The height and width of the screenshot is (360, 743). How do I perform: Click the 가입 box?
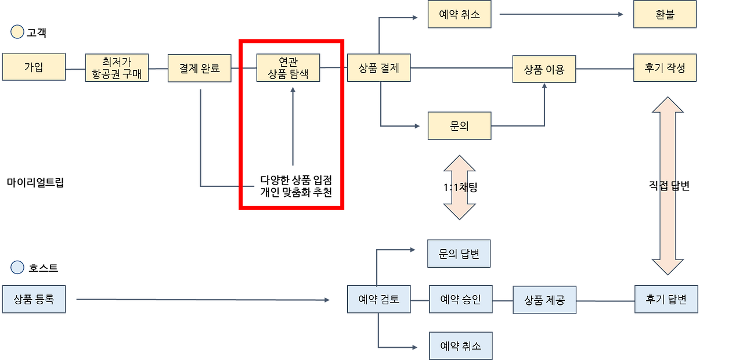coord(33,67)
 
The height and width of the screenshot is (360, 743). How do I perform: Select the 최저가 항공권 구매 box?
coord(117,68)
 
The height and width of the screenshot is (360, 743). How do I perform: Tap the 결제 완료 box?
coord(200,68)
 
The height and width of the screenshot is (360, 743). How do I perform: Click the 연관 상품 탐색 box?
coord(288,68)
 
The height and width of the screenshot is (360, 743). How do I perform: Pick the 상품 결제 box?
coord(379,68)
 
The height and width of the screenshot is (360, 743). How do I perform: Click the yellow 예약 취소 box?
coord(459,15)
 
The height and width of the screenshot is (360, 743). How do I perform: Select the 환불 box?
coord(665,15)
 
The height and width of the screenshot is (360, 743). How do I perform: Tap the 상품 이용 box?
coord(544,69)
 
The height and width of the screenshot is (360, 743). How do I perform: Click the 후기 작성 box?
coord(665,67)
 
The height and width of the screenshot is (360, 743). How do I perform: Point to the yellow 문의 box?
coord(459,125)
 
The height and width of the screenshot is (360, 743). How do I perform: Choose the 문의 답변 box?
coord(459,254)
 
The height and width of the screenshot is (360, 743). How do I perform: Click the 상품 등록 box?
coord(34,300)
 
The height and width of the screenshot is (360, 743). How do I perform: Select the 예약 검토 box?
coord(379,300)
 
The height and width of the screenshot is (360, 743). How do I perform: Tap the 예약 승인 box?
coord(460,300)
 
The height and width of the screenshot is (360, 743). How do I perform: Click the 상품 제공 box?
coord(544,300)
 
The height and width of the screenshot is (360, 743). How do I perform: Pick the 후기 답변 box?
coord(666,300)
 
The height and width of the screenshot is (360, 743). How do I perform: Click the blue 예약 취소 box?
coord(460,345)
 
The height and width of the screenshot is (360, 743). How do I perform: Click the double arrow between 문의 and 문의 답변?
coord(459,187)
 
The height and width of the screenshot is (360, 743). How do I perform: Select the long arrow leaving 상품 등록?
coord(203,300)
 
